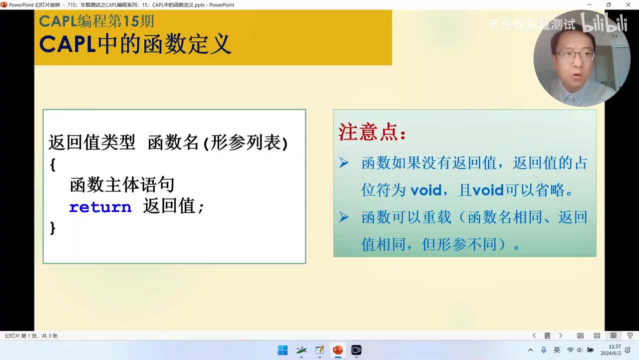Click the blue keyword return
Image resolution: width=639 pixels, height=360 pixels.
100,207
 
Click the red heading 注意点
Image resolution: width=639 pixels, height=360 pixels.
372,132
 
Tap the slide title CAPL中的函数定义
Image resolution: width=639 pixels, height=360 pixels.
135,44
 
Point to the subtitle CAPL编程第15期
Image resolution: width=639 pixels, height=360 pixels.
96,21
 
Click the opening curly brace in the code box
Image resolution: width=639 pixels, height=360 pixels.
52,164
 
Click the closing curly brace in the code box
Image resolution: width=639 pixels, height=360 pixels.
52,228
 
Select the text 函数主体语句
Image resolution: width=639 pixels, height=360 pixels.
122,184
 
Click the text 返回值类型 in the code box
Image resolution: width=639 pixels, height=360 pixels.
92,143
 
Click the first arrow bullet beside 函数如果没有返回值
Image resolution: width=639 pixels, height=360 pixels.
344,163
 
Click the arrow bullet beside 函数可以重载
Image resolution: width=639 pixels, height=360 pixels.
344,217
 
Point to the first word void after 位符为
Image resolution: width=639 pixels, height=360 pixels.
426,190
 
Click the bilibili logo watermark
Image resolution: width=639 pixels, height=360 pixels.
604,23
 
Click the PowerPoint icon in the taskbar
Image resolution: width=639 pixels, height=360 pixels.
338,350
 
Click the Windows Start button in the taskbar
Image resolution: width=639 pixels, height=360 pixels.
283,350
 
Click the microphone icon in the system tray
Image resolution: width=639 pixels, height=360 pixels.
544,350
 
